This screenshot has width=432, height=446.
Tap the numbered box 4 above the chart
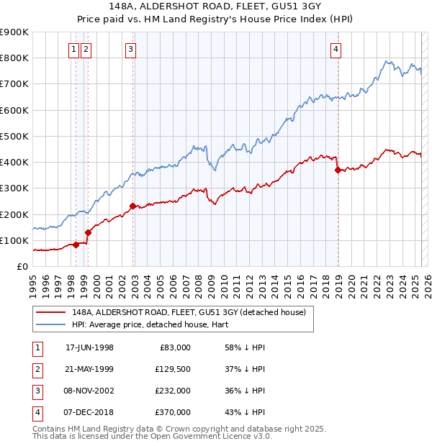coord(336,50)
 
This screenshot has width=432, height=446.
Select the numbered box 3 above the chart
coord(130,50)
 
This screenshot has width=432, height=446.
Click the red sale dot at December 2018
coord(338,170)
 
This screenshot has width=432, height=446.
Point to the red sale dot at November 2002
coord(133,206)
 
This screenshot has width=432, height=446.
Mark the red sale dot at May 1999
coord(89,232)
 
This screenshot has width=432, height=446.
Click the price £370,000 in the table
coord(174,412)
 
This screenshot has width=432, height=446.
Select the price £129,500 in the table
coord(174,369)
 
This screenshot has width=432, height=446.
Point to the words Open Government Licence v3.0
coord(218,437)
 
